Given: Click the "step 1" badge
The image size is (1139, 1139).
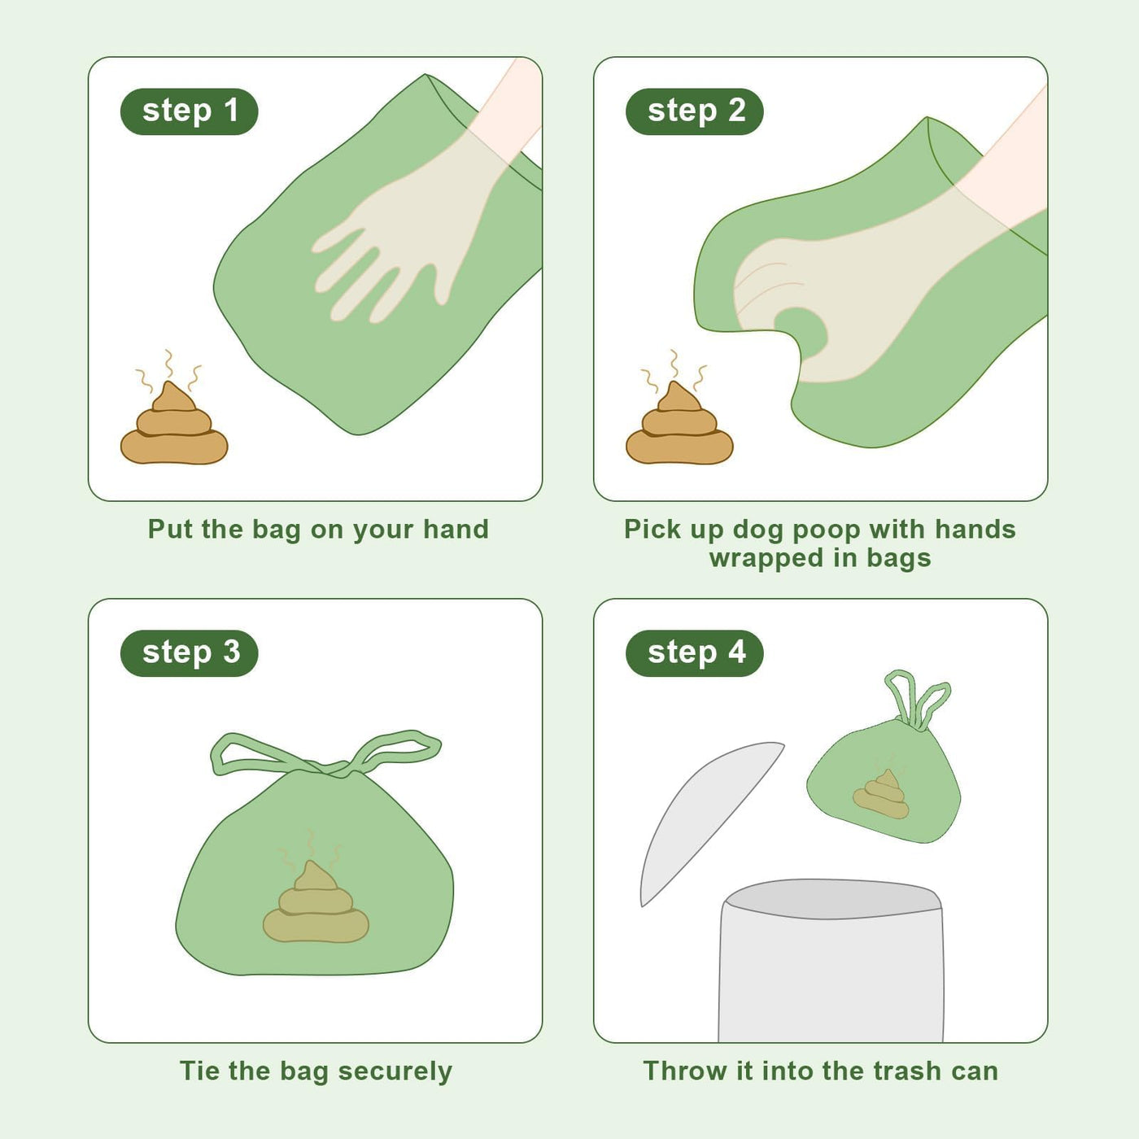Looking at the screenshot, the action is coord(189,111).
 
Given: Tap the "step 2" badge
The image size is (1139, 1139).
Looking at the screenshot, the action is coord(695,111).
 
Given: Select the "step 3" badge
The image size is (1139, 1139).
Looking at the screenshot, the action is coord(189,653).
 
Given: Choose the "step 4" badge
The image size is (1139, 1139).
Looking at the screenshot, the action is coord(695,653).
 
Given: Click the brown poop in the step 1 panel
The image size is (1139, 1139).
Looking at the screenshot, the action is coord(174,427).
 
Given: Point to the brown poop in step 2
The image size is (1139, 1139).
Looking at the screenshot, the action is coord(679,427).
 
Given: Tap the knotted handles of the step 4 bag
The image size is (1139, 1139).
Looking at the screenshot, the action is coord(916,701).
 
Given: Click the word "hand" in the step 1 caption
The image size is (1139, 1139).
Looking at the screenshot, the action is coord(456,529).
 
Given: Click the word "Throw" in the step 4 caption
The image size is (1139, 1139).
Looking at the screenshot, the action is coord(686,1071).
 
